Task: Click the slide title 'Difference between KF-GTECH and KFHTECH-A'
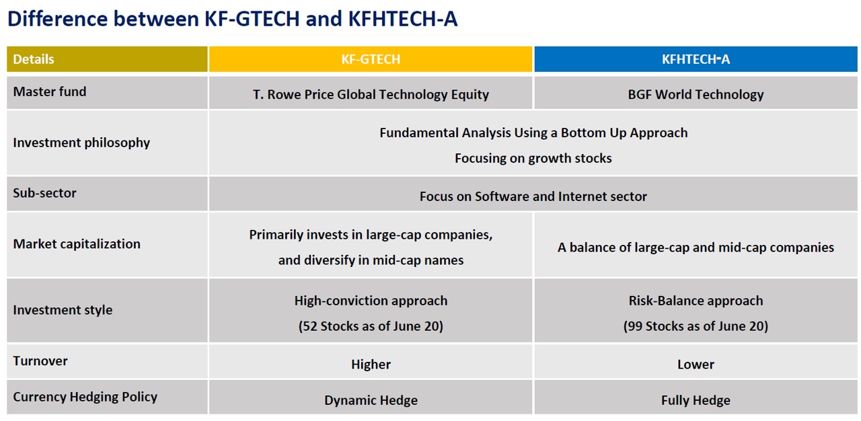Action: click(233, 18)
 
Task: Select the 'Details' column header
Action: click(34, 59)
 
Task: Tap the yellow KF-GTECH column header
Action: click(371, 59)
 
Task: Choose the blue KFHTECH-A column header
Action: click(696, 59)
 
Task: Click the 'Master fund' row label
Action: click(50, 92)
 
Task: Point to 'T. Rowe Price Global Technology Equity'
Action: click(371, 95)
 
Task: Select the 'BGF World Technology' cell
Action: click(696, 95)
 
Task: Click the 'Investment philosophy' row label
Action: click(81, 143)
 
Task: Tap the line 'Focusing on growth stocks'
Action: click(533, 158)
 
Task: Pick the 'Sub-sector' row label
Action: click(44, 193)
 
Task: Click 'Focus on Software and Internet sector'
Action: click(533, 196)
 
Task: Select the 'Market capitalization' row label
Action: click(77, 244)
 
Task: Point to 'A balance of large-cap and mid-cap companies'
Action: click(696, 247)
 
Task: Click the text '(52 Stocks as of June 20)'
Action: click(371, 326)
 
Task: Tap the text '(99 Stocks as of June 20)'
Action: click(696, 326)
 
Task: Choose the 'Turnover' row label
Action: click(40, 361)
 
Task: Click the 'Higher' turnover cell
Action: click(371, 365)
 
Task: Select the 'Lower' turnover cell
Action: click(696, 365)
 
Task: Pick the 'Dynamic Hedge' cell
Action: click(371, 400)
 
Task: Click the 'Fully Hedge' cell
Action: click(696, 400)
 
